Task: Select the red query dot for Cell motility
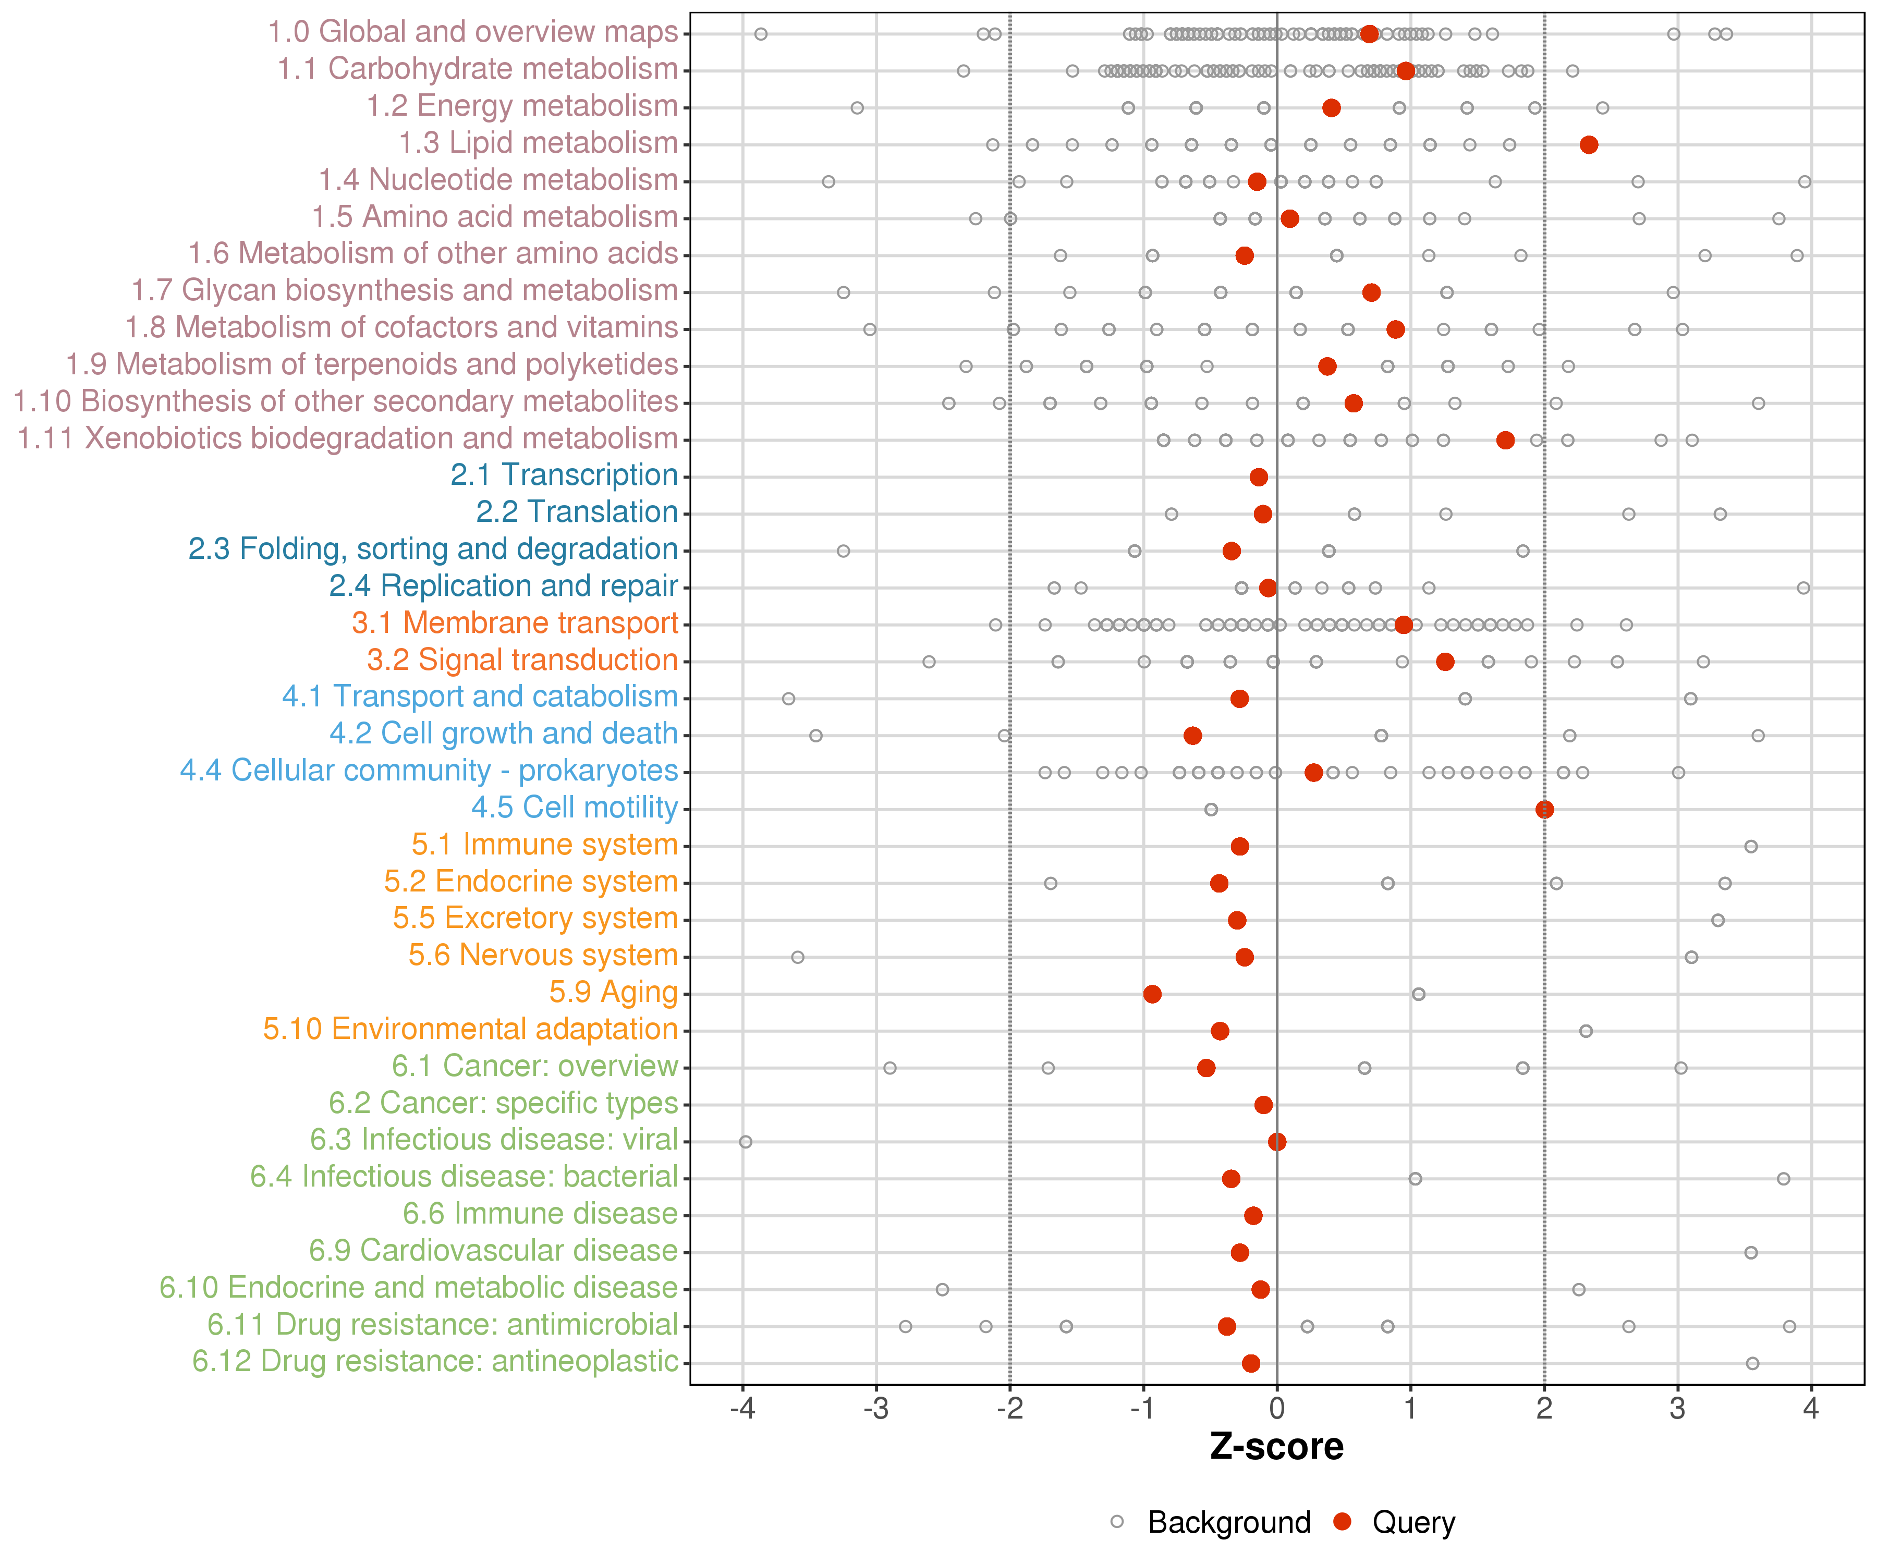(1544, 810)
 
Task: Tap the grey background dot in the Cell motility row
(1211, 810)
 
